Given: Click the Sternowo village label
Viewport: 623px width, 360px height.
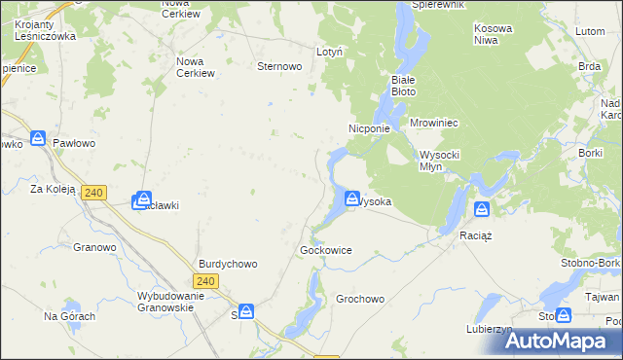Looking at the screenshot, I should tap(278, 67).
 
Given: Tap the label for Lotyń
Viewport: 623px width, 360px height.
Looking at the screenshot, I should tap(329, 52).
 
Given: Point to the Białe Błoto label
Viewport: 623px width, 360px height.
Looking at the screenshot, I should tap(403, 85).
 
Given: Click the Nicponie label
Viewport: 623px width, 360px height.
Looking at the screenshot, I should tap(369, 127).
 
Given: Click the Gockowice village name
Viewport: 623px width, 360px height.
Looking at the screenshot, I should tap(326, 250).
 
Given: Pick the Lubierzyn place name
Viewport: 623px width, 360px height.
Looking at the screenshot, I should tap(489, 329).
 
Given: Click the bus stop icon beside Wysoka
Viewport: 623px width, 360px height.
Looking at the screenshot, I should tap(351, 198).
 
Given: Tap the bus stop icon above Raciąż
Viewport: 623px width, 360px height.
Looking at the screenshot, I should tap(482, 209).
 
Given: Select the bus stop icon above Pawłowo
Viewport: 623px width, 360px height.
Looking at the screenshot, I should tap(38, 139).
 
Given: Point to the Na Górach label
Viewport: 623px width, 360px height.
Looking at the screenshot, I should tap(69, 316).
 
